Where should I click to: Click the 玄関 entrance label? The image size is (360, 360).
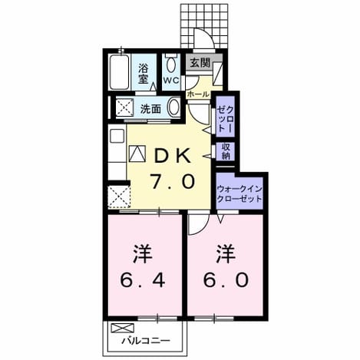coord(200,63)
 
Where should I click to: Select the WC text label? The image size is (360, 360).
coord(171,80)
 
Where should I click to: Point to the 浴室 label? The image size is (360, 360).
coord(144,74)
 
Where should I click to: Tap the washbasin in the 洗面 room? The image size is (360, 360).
coord(174,107)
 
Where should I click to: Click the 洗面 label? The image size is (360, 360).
coord(150,109)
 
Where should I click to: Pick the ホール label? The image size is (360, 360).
coord(198,94)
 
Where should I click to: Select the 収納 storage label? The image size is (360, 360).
coord(226,151)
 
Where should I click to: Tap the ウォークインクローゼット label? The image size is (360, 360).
coord(239,194)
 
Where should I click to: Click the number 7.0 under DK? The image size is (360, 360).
coord(173,181)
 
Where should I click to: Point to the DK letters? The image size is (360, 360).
coord(173,155)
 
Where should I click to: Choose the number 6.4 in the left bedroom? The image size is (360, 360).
coord(143,279)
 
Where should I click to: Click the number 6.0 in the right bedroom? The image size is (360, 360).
coord(226,279)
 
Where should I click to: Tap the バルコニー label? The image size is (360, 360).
coord(146,341)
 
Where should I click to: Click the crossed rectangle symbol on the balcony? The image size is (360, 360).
coord(123,328)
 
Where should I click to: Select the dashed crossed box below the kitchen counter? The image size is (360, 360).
coord(119,197)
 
